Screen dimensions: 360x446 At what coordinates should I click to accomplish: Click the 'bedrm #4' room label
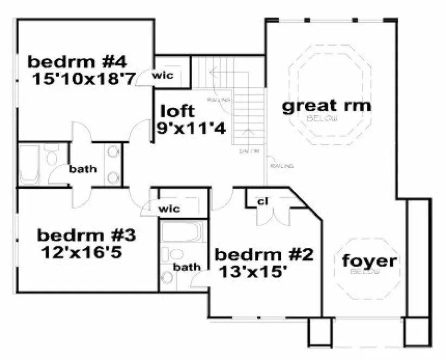77,59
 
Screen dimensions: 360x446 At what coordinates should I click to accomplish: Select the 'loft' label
177,111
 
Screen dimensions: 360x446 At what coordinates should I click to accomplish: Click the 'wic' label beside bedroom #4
163,75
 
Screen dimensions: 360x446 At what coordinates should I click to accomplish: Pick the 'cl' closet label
263,202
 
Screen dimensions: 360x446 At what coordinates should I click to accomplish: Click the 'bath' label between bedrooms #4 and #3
83,169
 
